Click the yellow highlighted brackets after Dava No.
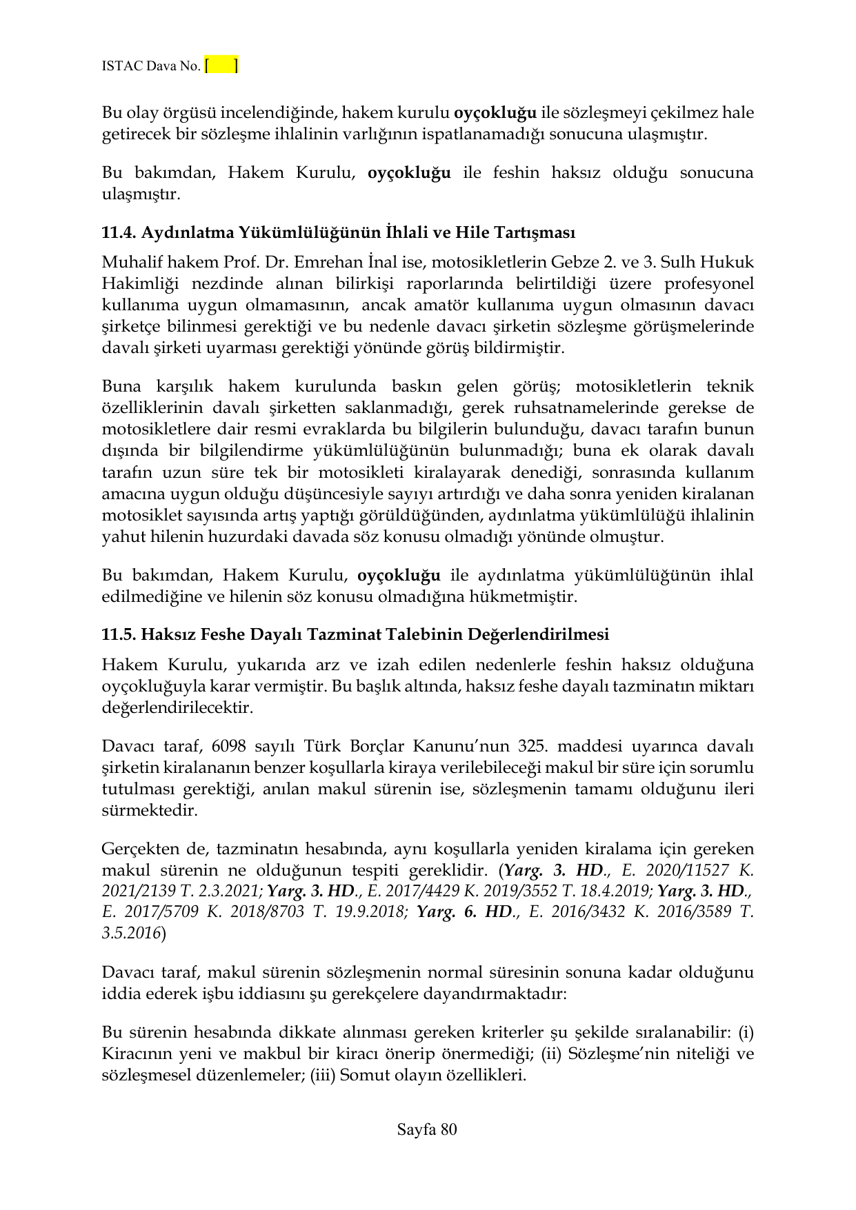point(221,65)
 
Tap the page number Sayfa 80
point(427,1129)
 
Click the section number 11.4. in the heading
point(119,232)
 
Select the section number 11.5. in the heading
point(119,634)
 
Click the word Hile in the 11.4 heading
point(470,232)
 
